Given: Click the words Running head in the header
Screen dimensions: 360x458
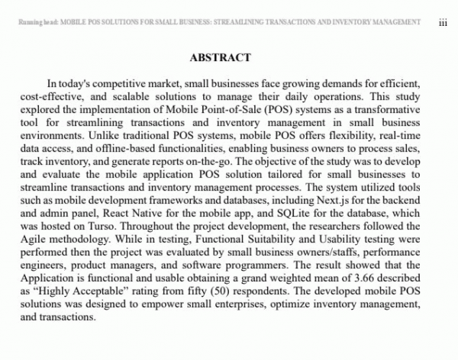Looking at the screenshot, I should tap(34, 23).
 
